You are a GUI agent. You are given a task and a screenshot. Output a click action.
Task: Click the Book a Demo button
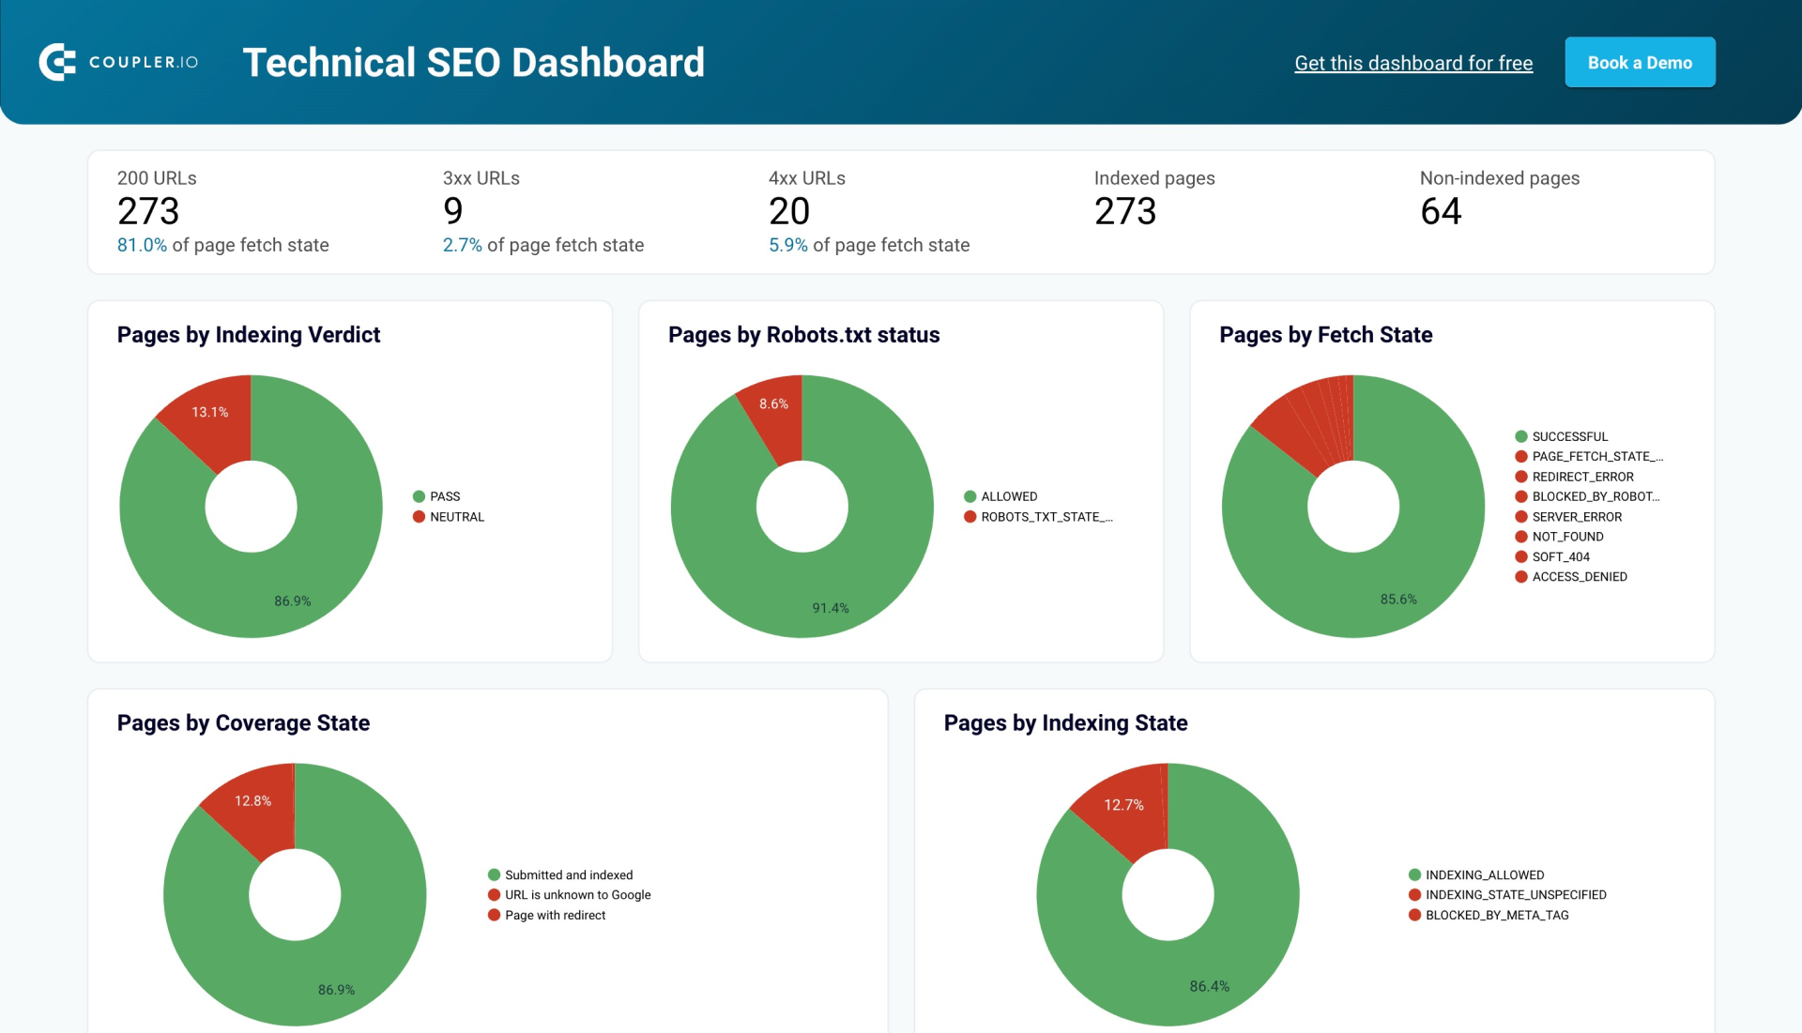pyautogui.click(x=1639, y=63)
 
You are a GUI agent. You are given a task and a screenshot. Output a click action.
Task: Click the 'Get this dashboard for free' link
pyautogui.click(x=1413, y=63)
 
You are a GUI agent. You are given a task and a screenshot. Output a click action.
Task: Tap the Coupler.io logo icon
pyautogui.click(x=57, y=63)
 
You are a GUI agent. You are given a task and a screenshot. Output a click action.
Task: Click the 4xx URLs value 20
pyautogui.click(x=788, y=212)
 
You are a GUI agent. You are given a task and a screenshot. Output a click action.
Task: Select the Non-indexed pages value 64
pyautogui.click(x=1440, y=212)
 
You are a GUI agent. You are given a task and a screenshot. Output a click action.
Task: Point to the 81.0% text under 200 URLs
pyautogui.click(x=142, y=246)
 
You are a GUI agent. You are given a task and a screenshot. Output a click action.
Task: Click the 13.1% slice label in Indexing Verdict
pyautogui.click(x=209, y=412)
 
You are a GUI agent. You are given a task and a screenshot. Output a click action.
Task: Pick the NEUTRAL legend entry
pyautogui.click(x=456, y=517)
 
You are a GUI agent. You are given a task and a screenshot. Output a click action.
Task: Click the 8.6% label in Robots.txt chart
pyautogui.click(x=773, y=404)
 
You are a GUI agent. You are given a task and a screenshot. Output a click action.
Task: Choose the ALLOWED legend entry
pyautogui.click(x=1008, y=496)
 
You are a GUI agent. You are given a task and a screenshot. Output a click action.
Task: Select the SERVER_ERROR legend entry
pyautogui.click(x=1576, y=517)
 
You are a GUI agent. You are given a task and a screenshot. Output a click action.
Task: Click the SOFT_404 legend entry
pyautogui.click(x=1560, y=557)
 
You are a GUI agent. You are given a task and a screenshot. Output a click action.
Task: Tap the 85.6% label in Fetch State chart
pyautogui.click(x=1397, y=600)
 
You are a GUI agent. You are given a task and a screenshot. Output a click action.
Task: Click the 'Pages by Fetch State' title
pyautogui.click(x=1324, y=335)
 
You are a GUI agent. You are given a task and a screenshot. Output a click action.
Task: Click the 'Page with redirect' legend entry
pyautogui.click(x=554, y=916)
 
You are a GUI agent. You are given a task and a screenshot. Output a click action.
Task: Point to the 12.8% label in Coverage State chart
pyautogui.click(x=252, y=801)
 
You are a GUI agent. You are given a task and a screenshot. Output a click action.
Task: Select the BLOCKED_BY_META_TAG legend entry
pyautogui.click(x=1496, y=916)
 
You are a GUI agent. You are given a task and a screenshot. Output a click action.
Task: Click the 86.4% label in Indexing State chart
pyautogui.click(x=1209, y=987)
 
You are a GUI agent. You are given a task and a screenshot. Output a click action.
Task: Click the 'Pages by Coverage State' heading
pyautogui.click(x=243, y=723)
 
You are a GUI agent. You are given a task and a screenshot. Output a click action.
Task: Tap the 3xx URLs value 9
pyautogui.click(x=452, y=212)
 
